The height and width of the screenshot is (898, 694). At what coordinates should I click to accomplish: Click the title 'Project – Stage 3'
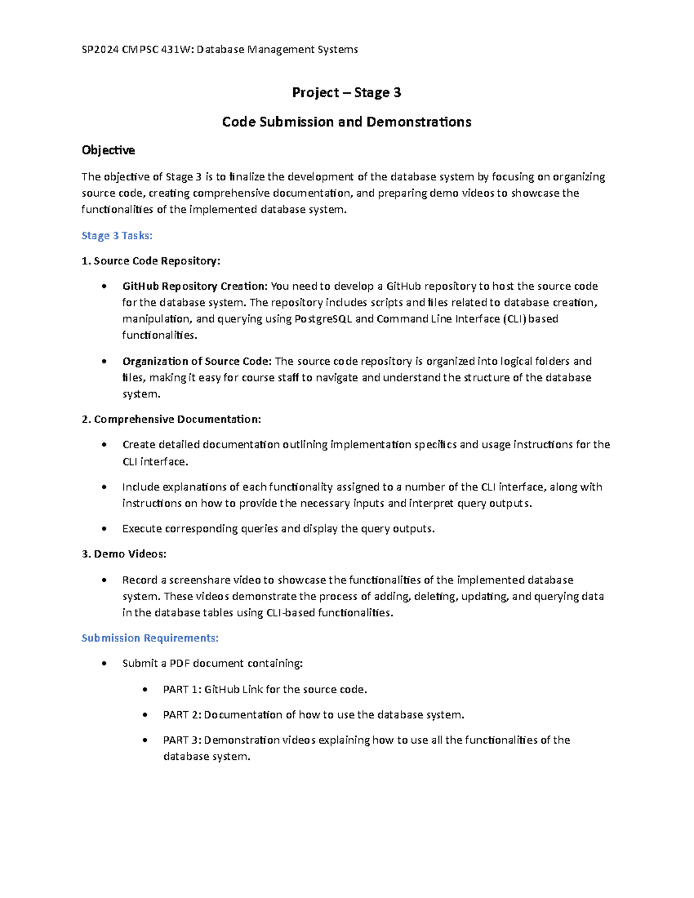tap(346, 93)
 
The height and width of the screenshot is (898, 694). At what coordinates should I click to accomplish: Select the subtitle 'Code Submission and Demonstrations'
tap(346, 122)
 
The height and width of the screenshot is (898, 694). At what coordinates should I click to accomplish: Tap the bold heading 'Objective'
tap(108, 150)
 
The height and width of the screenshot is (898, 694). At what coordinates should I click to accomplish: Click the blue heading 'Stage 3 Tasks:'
tap(117, 235)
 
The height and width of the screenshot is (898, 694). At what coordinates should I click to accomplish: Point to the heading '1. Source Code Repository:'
tap(151, 261)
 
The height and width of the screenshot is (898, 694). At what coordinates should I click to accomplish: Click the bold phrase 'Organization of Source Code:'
tap(197, 361)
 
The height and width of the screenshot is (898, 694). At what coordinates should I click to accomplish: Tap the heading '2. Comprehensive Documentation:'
tap(172, 419)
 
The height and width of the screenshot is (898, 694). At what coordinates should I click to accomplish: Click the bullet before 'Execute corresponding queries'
tap(104, 529)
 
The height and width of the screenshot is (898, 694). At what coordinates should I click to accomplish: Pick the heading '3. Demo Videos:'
tap(124, 554)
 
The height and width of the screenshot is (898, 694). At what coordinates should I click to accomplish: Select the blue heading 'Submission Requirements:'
tap(150, 638)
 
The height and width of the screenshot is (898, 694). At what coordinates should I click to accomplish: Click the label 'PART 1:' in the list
tap(182, 689)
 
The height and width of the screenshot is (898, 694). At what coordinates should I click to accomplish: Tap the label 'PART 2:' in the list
tap(182, 715)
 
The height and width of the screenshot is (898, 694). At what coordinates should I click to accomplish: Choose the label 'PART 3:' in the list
tap(182, 740)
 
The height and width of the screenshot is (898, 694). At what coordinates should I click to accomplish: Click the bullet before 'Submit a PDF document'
tap(104, 664)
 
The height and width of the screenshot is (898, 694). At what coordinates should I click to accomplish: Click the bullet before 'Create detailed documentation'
tap(104, 445)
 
